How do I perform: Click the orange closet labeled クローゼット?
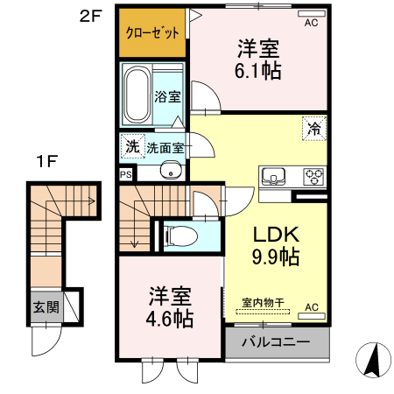coord(152,33)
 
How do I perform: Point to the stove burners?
coord(313,175)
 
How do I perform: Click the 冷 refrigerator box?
coord(313,128)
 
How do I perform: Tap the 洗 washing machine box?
coord(131,147)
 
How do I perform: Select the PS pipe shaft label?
coord(125,174)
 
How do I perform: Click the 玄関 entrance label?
coord(46,307)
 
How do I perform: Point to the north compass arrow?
coord(371,358)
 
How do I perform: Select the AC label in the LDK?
coord(310,307)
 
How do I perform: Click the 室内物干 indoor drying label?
coord(263,304)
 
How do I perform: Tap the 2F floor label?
coord(91,16)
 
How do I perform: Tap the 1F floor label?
coord(46,161)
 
